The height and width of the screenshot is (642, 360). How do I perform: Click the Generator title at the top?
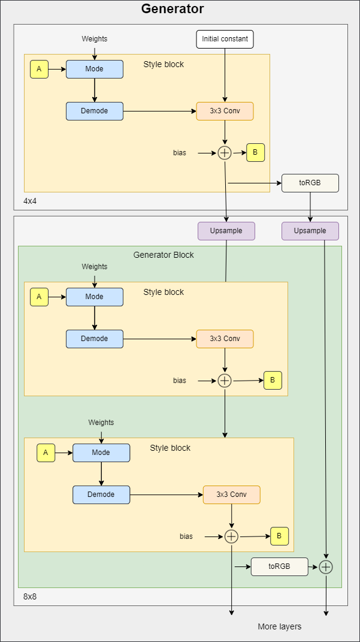[173, 9]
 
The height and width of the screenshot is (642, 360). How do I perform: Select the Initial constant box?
[225, 39]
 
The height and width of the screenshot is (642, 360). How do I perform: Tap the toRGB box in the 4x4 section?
[310, 183]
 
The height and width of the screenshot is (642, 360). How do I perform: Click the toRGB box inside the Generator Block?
[279, 566]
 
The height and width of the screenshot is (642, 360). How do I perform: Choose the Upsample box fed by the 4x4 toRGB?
[310, 231]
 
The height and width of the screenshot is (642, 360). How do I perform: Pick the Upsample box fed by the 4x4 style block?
[226, 231]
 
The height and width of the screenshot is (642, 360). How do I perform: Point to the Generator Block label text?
[164, 255]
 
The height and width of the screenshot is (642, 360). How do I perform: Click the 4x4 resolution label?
[30, 201]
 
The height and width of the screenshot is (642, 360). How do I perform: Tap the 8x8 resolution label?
[30, 596]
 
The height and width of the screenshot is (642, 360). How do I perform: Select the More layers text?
[279, 626]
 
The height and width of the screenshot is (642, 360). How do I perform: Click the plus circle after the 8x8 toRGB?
[325, 566]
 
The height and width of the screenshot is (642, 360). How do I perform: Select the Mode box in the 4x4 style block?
[94, 69]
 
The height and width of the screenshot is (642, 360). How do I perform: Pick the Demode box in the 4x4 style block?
[94, 111]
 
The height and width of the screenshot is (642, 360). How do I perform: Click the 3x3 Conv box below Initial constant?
[225, 111]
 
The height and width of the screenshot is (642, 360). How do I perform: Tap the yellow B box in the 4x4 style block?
[255, 153]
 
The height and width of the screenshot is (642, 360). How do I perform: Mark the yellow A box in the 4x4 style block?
[39, 69]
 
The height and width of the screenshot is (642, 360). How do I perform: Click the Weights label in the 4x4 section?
[95, 39]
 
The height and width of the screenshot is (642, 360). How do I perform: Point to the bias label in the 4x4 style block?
[180, 153]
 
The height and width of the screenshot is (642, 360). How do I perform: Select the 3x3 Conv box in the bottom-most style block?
[231, 495]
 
